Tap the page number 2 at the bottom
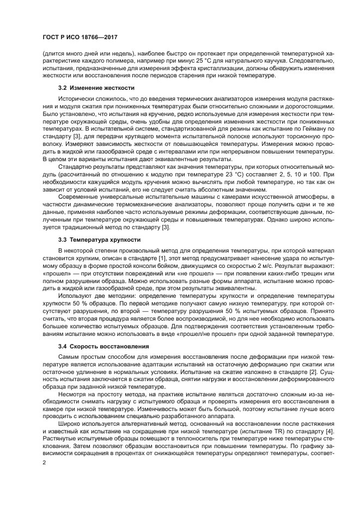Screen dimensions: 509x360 click(45, 462)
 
